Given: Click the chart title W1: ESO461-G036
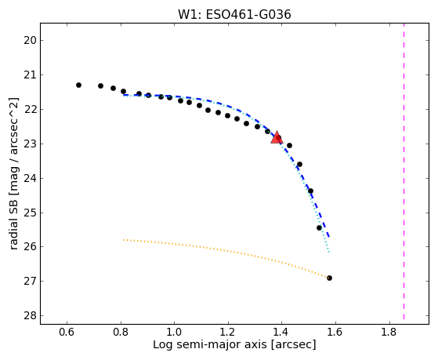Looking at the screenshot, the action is click(x=234, y=15).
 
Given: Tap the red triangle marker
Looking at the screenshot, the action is click(x=277, y=137).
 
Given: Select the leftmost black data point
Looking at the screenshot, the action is click(x=79, y=85).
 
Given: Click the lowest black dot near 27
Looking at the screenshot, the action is click(x=329, y=278).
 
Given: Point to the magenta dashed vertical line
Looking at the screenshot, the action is click(x=404, y=171).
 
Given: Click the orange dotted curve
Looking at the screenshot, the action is click(x=226, y=251).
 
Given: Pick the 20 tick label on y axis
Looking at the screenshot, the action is click(x=30, y=41).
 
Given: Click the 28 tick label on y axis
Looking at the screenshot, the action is click(x=30, y=316).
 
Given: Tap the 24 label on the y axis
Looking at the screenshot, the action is click(x=30, y=178).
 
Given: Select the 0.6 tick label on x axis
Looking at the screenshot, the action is click(x=67, y=332).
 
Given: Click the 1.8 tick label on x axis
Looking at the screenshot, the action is click(x=389, y=332).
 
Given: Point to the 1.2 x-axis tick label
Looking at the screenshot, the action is click(x=228, y=332).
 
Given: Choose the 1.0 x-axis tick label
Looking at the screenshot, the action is click(x=174, y=332).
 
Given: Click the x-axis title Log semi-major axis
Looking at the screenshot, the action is click(x=210, y=345).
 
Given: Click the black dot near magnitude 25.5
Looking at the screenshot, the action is click(x=319, y=228).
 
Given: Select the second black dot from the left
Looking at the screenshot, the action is click(x=100, y=85).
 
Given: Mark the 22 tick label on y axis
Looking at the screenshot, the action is click(x=30, y=109).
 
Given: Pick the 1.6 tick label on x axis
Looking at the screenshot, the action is click(x=335, y=332).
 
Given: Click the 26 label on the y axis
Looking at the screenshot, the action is click(x=30, y=247).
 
